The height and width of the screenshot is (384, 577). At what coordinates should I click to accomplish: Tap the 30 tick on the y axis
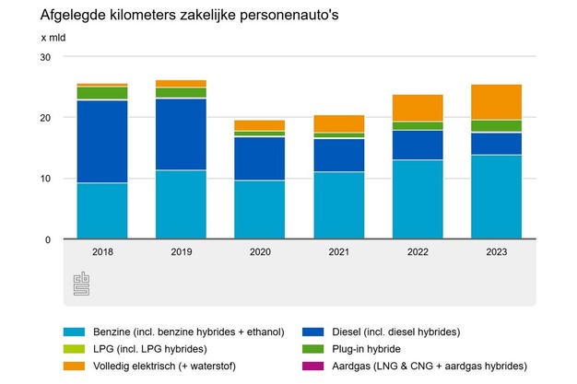44,57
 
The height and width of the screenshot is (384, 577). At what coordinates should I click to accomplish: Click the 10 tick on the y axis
44,179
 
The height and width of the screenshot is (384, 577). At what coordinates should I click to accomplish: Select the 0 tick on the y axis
47,239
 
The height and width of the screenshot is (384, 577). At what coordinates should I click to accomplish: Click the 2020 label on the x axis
259,251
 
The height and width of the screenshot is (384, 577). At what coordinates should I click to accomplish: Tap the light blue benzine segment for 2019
181,204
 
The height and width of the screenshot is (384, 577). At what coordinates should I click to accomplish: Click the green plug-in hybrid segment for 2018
102,93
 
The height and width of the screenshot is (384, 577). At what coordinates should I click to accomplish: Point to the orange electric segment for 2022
417,108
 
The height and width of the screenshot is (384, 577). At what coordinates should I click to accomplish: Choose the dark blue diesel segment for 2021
338,155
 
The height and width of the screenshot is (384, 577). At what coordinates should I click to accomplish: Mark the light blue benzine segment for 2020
259,210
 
